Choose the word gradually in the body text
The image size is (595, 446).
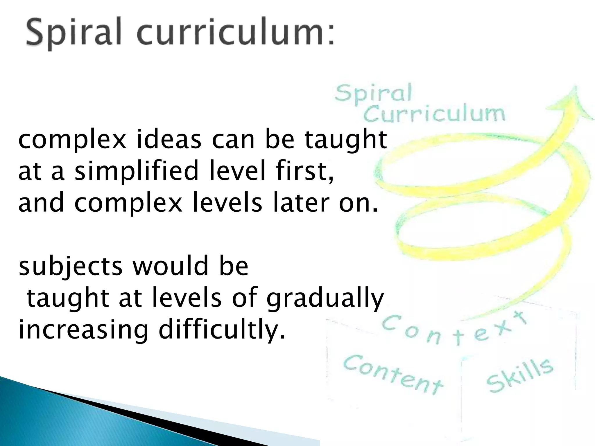pos(325,299)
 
